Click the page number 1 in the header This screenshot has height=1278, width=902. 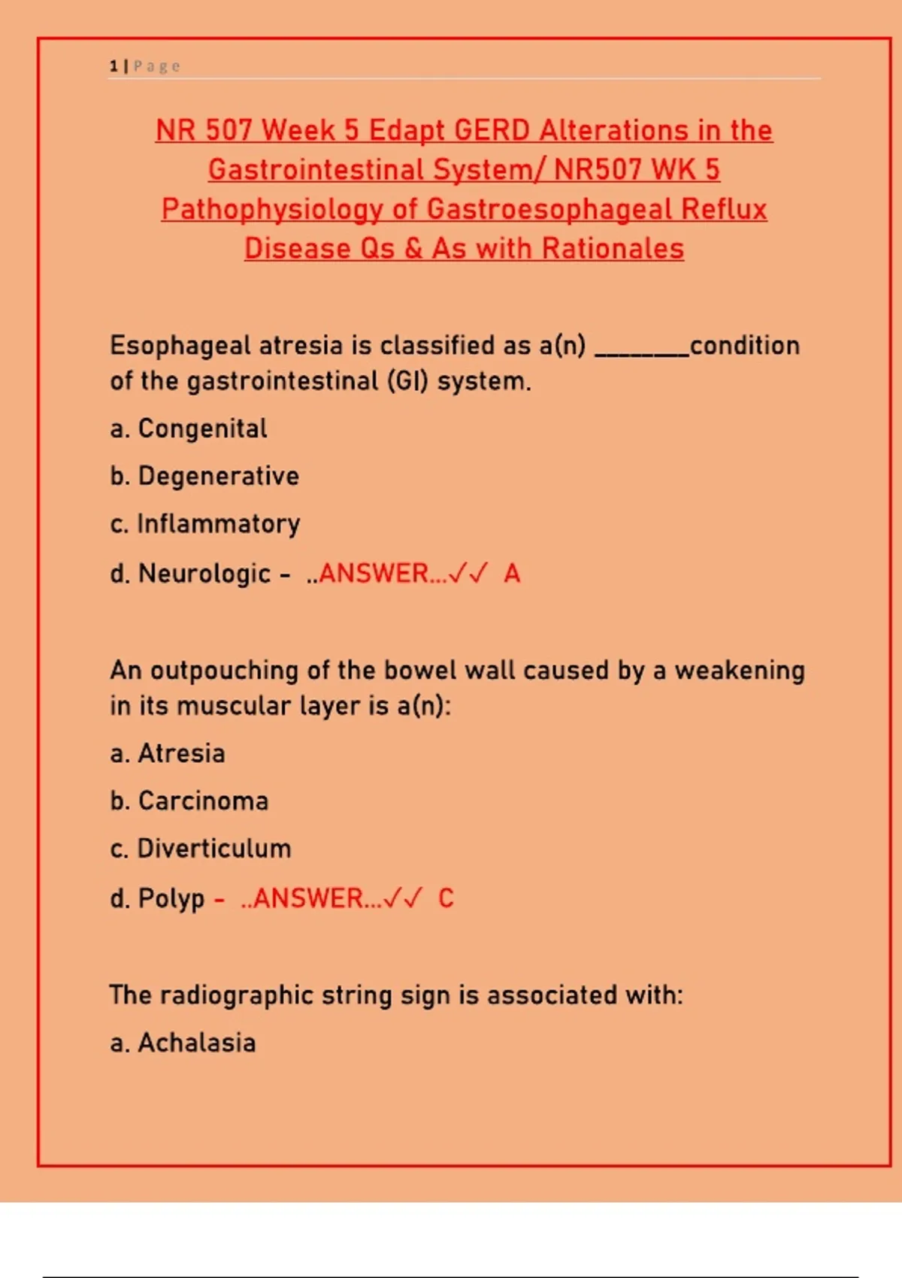(x=114, y=66)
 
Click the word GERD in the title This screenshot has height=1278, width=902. (x=492, y=131)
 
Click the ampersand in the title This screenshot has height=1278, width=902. (x=413, y=249)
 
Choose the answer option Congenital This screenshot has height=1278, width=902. (x=202, y=429)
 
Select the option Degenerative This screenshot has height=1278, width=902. (x=218, y=476)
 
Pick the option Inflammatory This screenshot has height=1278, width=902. (x=218, y=524)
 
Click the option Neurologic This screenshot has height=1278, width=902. (x=204, y=574)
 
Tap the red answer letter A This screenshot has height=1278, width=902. (x=512, y=574)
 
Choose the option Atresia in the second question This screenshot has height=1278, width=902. (x=181, y=753)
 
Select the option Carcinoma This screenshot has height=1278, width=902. (x=203, y=801)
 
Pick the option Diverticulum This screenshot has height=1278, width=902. (x=213, y=849)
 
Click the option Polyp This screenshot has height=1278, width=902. (x=171, y=898)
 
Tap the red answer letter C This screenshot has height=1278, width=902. (x=446, y=898)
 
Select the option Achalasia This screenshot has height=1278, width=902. (x=196, y=1043)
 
